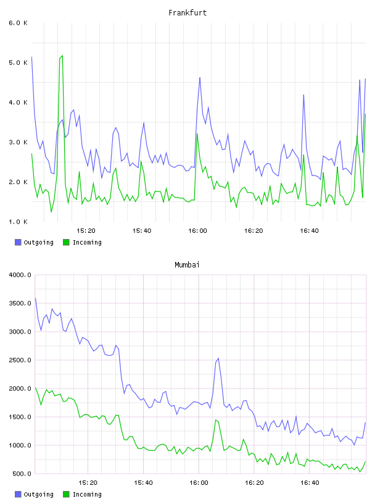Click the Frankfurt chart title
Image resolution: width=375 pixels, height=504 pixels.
187,13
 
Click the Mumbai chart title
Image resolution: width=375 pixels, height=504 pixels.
187,265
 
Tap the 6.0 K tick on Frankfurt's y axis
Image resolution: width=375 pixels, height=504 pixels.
18,23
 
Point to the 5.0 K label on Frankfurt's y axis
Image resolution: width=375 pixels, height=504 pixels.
18,62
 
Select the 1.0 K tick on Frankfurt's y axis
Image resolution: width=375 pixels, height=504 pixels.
18,222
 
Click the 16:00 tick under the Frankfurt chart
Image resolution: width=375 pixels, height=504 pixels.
197,231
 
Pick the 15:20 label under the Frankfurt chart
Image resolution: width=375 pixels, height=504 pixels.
86,231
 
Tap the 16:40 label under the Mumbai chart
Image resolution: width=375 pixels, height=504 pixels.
310,483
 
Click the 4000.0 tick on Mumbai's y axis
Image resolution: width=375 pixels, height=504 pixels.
20,275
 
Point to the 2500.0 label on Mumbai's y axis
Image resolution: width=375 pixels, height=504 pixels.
20,360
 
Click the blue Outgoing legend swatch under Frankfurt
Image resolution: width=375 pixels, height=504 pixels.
18,242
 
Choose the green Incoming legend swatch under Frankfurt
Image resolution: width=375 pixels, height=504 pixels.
66,242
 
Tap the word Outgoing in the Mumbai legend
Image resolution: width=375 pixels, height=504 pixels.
38,494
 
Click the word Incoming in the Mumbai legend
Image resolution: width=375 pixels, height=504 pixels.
87,494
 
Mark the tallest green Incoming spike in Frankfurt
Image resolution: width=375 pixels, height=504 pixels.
62,56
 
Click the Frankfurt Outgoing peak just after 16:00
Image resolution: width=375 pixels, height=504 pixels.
200,78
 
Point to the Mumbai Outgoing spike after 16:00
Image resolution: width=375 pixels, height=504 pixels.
218,358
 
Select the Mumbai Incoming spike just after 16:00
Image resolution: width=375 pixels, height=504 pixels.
216,420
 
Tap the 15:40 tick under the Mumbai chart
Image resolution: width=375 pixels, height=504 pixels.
143,483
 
